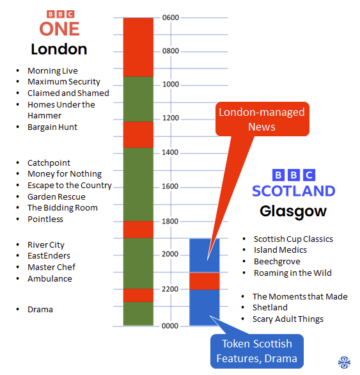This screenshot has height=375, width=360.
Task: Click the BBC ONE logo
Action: tap(59, 23)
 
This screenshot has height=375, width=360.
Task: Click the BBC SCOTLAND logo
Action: tap(293, 183)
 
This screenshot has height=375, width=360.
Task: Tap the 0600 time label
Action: tap(171, 17)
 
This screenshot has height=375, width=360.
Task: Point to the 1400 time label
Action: tap(170, 152)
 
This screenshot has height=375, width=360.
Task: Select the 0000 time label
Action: tap(170, 326)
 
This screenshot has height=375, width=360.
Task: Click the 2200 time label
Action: tap(170, 289)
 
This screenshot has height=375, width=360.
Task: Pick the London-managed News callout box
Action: tap(262, 119)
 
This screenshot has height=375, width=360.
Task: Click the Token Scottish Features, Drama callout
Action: tap(257, 351)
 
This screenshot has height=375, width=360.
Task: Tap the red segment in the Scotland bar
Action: tap(205, 281)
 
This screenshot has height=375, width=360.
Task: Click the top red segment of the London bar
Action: tap(138, 47)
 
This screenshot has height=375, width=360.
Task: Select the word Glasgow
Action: tap(293, 212)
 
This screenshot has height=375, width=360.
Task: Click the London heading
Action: tap(59, 49)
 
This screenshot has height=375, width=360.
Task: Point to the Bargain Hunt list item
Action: tap(52, 127)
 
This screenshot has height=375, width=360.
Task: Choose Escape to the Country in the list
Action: tap(70, 186)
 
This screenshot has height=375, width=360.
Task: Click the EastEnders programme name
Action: tap(49, 256)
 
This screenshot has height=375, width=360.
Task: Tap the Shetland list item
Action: tap(270, 308)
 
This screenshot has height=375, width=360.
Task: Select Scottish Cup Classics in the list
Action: tap(293, 239)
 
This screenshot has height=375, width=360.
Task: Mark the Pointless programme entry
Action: tap(45, 219)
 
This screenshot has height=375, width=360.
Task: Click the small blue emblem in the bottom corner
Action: tap(344, 362)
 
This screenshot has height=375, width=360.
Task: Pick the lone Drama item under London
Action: tap(40, 310)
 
